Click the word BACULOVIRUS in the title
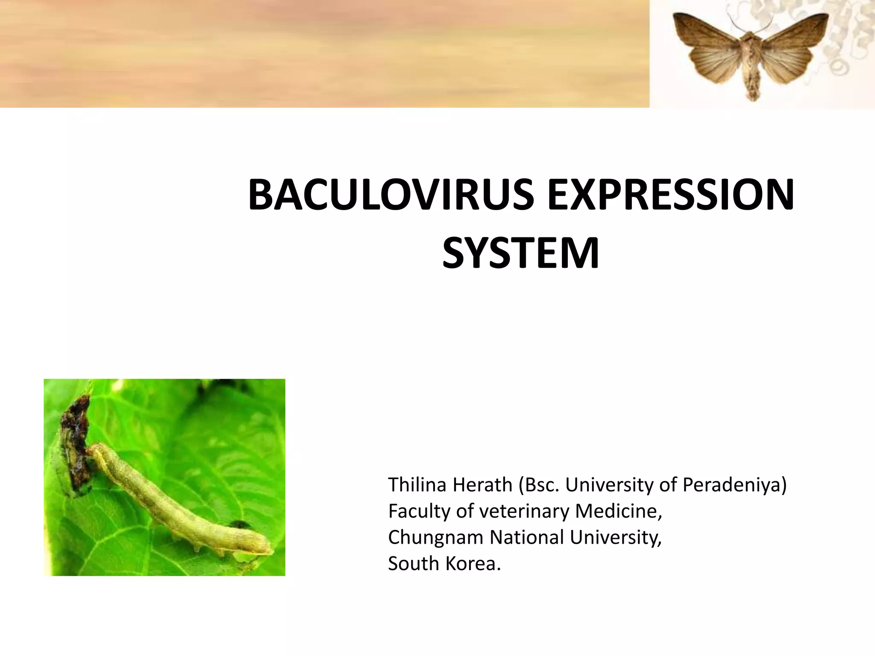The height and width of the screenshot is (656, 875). click(x=391, y=196)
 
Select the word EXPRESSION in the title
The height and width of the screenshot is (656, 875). click(x=671, y=196)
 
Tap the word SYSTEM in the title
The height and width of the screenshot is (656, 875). click(x=520, y=254)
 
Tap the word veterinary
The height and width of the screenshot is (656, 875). click(x=525, y=511)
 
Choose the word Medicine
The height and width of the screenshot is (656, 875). click(x=618, y=511)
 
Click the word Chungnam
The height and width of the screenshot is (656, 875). click(x=435, y=537)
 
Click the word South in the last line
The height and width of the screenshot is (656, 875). click(x=413, y=563)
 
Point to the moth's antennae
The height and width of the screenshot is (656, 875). click(x=752, y=21)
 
